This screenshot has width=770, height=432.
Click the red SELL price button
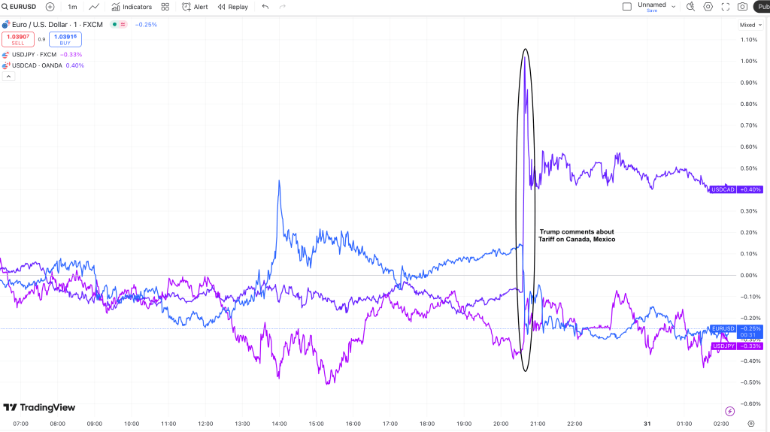point(18,39)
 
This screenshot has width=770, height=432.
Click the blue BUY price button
point(65,39)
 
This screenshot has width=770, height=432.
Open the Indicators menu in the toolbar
point(132,7)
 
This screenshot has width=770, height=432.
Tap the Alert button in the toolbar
point(196,7)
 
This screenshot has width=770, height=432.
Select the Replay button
point(233,7)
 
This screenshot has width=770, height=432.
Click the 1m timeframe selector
point(72,7)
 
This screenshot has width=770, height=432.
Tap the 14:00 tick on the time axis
point(279,424)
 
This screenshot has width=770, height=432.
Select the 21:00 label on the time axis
point(537,424)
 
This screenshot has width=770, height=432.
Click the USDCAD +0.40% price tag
point(736,189)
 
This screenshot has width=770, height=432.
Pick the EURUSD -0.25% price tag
point(736,328)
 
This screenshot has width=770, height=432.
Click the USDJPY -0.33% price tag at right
point(736,346)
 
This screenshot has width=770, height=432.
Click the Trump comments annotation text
point(577,235)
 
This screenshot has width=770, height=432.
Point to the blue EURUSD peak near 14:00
point(279,181)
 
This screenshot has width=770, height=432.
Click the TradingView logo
point(39,407)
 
